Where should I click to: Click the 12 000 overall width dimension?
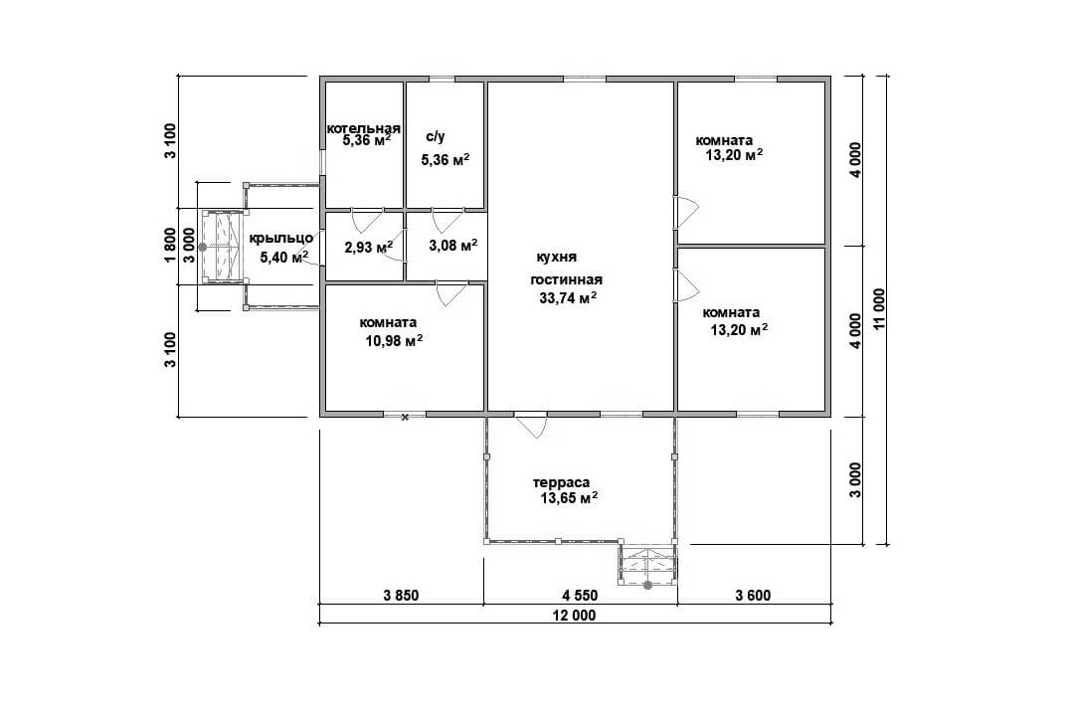(x=575, y=616)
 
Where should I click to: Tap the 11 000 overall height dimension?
(x=879, y=309)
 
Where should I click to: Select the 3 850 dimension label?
(x=401, y=596)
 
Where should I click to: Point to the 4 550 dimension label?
(x=580, y=596)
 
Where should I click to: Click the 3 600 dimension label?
(x=753, y=596)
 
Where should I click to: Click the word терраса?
(x=561, y=482)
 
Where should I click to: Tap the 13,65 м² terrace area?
(x=570, y=497)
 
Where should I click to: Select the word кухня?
(x=557, y=257)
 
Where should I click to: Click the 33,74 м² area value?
(x=568, y=297)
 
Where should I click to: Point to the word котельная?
(x=363, y=128)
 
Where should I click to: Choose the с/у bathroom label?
(x=436, y=136)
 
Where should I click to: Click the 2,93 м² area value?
(x=369, y=247)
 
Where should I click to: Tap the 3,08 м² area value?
(x=453, y=244)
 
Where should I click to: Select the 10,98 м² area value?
(x=394, y=340)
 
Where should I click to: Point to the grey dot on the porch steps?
(x=203, y=247)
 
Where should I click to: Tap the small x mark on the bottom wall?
(x=405, y=417)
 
